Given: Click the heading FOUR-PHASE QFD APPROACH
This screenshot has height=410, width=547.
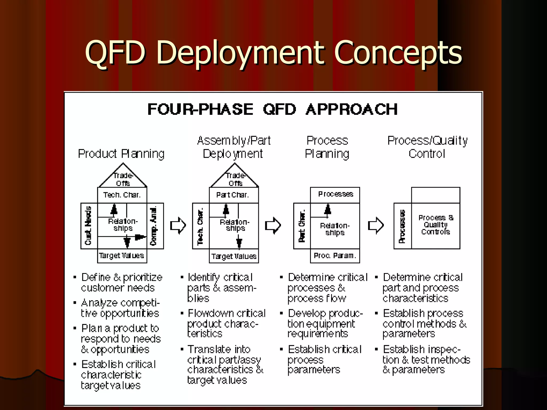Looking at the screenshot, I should tap(272, 109).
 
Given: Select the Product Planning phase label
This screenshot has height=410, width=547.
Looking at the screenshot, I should tap(121, 154).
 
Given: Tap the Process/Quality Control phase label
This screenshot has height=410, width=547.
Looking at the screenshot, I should tap(427, 147).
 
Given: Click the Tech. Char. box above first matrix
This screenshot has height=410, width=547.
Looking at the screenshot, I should tap(122, 195).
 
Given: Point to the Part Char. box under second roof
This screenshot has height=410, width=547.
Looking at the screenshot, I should tap(233, 195).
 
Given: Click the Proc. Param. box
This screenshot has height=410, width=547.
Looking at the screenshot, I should tap(335, 256).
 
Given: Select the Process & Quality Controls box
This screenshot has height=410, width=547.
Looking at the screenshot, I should tap(435, 225).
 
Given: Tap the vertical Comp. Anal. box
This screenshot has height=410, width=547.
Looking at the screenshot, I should tap(154, 226).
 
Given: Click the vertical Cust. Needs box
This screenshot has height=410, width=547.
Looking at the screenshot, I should tap(89, 226).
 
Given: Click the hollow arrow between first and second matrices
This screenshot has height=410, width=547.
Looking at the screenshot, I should tap(178, 226).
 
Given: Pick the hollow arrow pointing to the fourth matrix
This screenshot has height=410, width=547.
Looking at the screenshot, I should tap(376, 226).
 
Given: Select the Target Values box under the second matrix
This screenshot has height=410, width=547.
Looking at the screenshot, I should tap(234, 256).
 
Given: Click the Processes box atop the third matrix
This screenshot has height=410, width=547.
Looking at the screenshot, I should tap(335, 194).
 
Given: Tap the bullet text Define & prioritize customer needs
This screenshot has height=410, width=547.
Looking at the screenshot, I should tap(122, 282).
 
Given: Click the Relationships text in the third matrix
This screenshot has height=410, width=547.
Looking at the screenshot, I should tap(335, 229).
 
